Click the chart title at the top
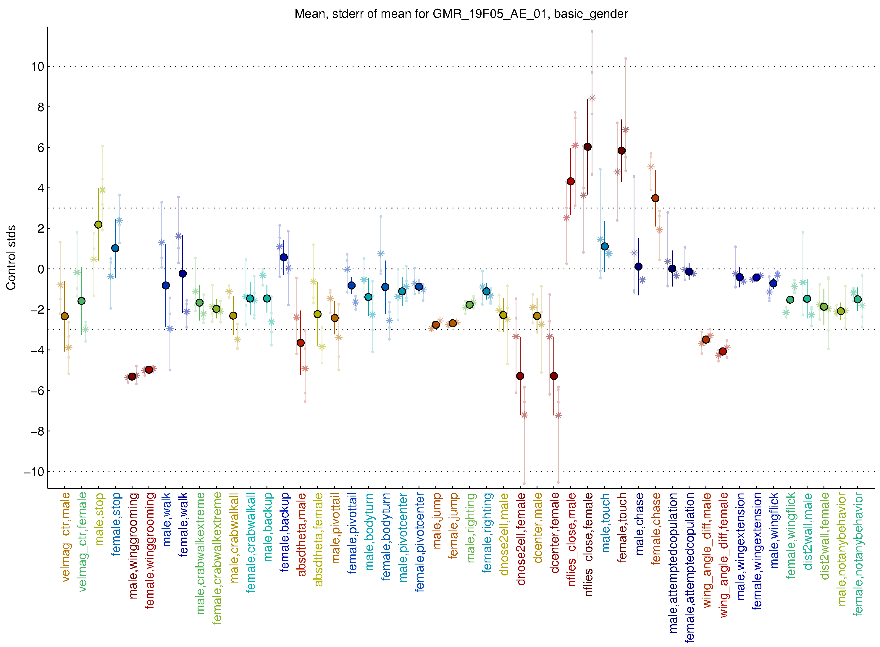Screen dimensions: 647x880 pyautogui.click(x=461, y=14)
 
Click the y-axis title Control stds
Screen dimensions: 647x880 pyautogui.click(x=11, y=257)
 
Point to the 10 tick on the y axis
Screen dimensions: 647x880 pyautogui.click(x=38, y=67)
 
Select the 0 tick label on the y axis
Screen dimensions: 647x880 pyautogui.click(x=41, y=269)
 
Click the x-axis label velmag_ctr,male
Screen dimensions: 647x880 pyautogui.click(x=65, y=537)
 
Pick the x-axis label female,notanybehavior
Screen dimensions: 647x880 pyautogui.click(x=858, y=554)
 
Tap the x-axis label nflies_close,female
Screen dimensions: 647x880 pyautogui.click(x=588, y=544)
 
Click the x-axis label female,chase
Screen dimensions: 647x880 pyautogui.click(x=656, y=529)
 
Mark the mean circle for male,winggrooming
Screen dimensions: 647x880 pyautogui.click(x=132, y=376)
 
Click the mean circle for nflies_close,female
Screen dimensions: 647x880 pyautogui.click(x=587, y=147)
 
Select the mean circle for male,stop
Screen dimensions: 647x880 pyautogui.click(x=98, y=224)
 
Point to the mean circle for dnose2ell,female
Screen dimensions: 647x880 pyautogui.click(x=520, y=376)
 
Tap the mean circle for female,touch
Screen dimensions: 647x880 pyautogui.click(x=621, y=151)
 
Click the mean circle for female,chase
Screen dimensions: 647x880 pyautogui.click(x=655, y=198)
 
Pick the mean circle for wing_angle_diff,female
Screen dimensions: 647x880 pyautogui.click(x=723, y=351)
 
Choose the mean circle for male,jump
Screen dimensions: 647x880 pyautogui.click(x=436, y=325)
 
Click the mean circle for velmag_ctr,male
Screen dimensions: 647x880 pyautogui.click(x=65, y=316)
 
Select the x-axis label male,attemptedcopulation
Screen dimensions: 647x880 pyautogui.click(x=673, y=563)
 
